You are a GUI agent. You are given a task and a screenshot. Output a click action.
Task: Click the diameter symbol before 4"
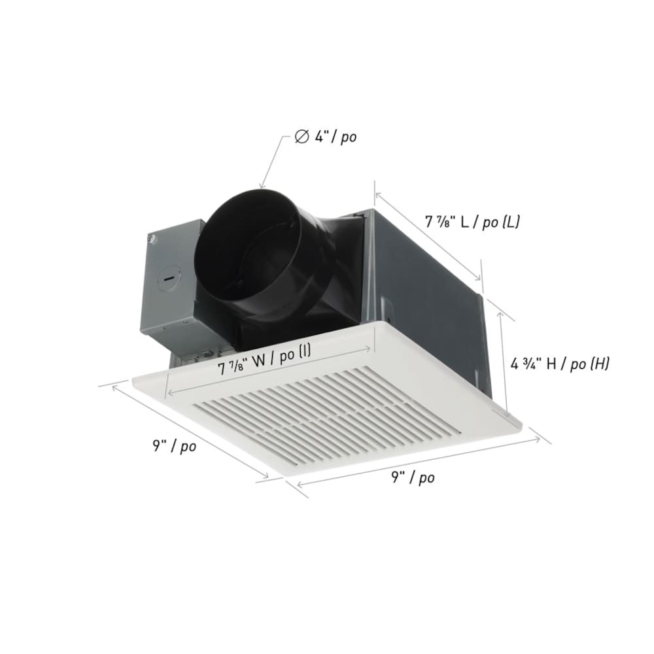tap(301, 137)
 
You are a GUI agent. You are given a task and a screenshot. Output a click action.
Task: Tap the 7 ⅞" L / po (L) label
tap(472, 222)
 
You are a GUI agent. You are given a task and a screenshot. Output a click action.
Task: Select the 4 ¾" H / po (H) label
tap(560, 364)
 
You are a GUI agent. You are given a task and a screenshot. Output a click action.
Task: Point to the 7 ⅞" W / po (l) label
tap(264, 367)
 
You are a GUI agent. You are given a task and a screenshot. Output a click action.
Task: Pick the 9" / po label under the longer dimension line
tap(413, 477)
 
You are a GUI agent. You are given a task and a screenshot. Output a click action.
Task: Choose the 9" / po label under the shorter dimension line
tap(174, 447)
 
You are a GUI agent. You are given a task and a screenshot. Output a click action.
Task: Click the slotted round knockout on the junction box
tap(168, 279)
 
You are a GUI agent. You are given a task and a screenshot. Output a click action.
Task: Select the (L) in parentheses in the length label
tap(510, 222)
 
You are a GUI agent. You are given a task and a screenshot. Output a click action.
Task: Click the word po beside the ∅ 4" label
tap(348, 138)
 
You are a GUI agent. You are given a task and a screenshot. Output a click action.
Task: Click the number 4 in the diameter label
tap(318, 137)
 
